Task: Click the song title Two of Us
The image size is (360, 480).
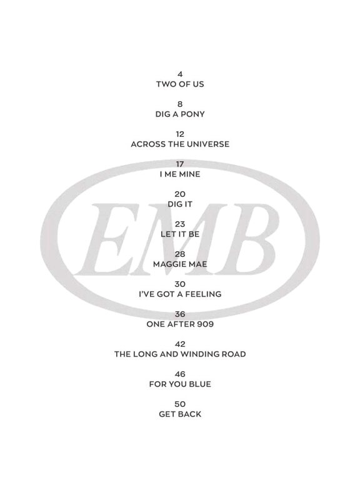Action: point(180,84)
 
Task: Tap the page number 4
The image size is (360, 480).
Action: point(180,74)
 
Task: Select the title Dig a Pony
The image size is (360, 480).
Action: point(180,114)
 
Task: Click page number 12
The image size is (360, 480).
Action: point(180,134)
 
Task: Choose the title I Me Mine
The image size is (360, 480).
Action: point(180,174)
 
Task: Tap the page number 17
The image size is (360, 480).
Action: point(180,164)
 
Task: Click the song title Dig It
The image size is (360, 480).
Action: point(180,204)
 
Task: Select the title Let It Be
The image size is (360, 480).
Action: point(180,234)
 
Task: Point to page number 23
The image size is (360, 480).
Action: point(180,224)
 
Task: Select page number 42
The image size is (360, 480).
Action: point(180,344)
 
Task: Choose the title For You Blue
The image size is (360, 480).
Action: point(180,384)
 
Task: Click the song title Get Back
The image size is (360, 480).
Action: point(180,414)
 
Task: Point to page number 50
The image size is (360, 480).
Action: point(180,404)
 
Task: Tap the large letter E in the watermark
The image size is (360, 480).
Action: point(107,239)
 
